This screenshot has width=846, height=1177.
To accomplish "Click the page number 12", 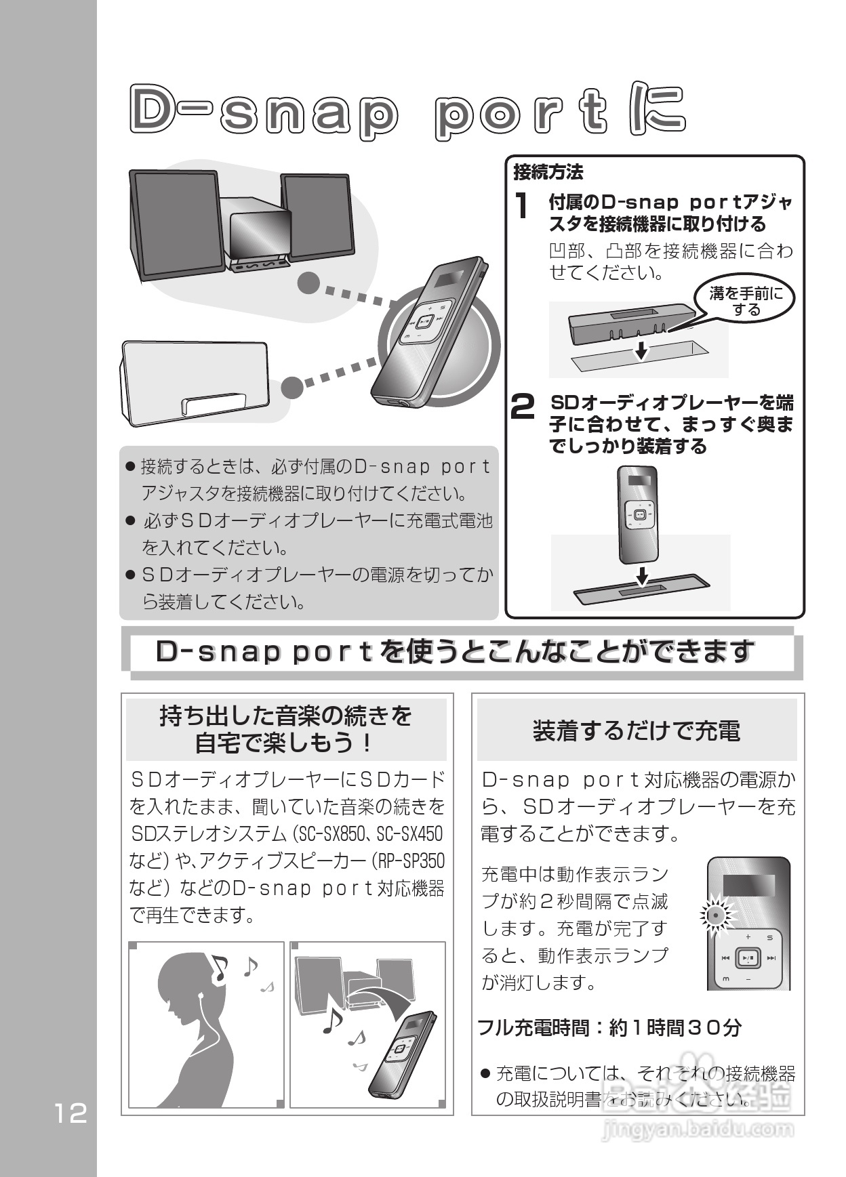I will point(71,1114).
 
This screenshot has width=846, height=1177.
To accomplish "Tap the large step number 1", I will point(521,206).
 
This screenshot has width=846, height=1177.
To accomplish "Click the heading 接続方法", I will point(548,173).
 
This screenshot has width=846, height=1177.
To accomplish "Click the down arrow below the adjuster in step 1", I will point(639,350).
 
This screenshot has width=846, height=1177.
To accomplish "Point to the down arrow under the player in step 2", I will point(641,577).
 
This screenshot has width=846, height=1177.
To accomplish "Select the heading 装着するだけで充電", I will point(637,731).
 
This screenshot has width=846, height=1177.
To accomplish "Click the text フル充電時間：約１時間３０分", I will point(609,1027).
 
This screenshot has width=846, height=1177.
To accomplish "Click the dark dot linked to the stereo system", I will point(308,283).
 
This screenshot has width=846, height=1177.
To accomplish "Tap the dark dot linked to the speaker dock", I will point(292,388).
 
